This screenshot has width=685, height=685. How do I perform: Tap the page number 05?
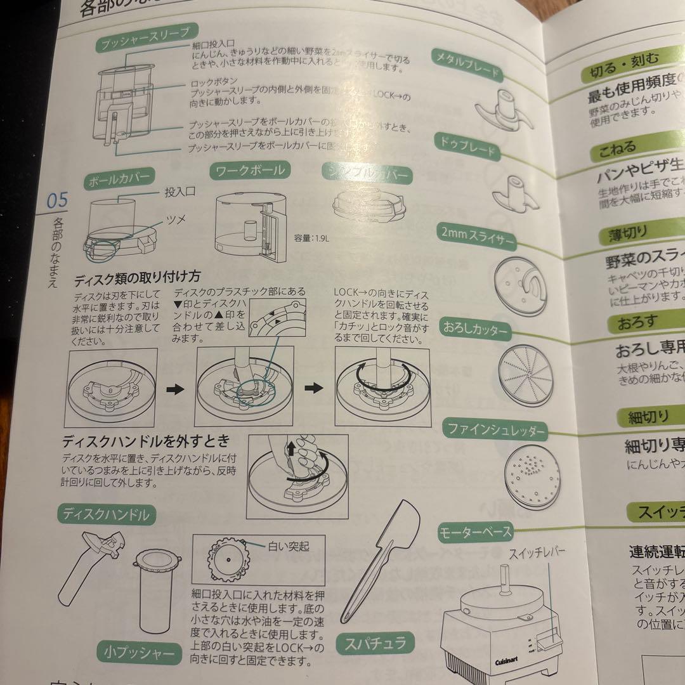[56, 202]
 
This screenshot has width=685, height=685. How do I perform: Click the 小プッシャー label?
[134, 651]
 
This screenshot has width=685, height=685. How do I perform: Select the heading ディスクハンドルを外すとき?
[145, 440]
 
